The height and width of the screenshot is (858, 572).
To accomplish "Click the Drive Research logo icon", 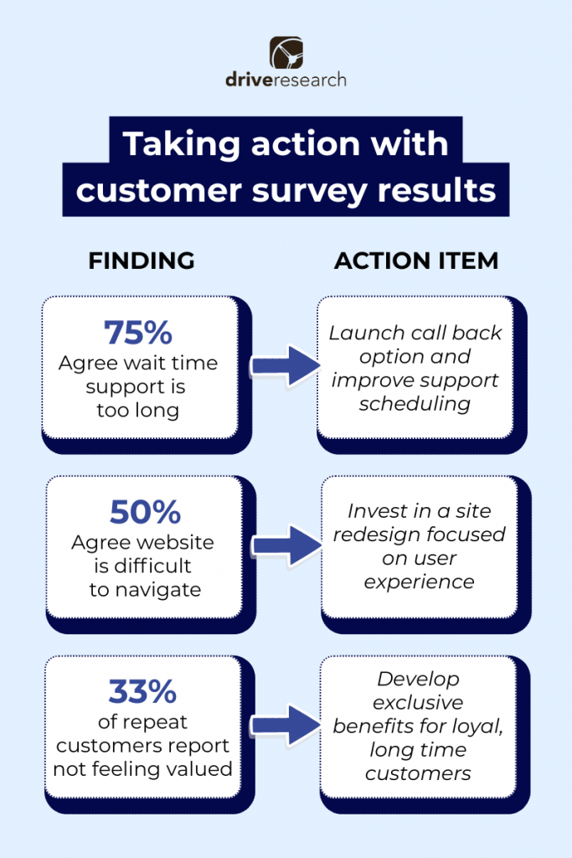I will (x=286, y=53).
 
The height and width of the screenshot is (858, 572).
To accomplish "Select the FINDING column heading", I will (x=142, y=261).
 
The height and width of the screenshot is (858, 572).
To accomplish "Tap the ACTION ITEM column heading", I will (x=416, y=261).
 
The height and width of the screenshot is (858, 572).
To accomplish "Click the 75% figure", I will (x=138, y=333).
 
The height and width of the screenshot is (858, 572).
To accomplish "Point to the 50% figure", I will (x=142, y=512).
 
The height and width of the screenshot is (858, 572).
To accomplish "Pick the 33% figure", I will (x=142, y=692).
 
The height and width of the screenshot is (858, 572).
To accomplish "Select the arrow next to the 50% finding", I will (x=287, y=546).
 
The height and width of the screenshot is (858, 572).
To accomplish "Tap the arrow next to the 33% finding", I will (x=287, y=725).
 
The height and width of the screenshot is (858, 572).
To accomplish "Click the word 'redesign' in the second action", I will (x=374, y=535).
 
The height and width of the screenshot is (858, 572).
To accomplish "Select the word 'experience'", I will (x=419, y=581).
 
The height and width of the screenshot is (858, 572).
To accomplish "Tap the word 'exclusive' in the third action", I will (x=419, y=702).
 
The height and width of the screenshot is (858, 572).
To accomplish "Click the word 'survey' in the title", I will (x=314, y=189).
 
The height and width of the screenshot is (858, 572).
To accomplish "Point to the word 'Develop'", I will (x=419, y=679).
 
